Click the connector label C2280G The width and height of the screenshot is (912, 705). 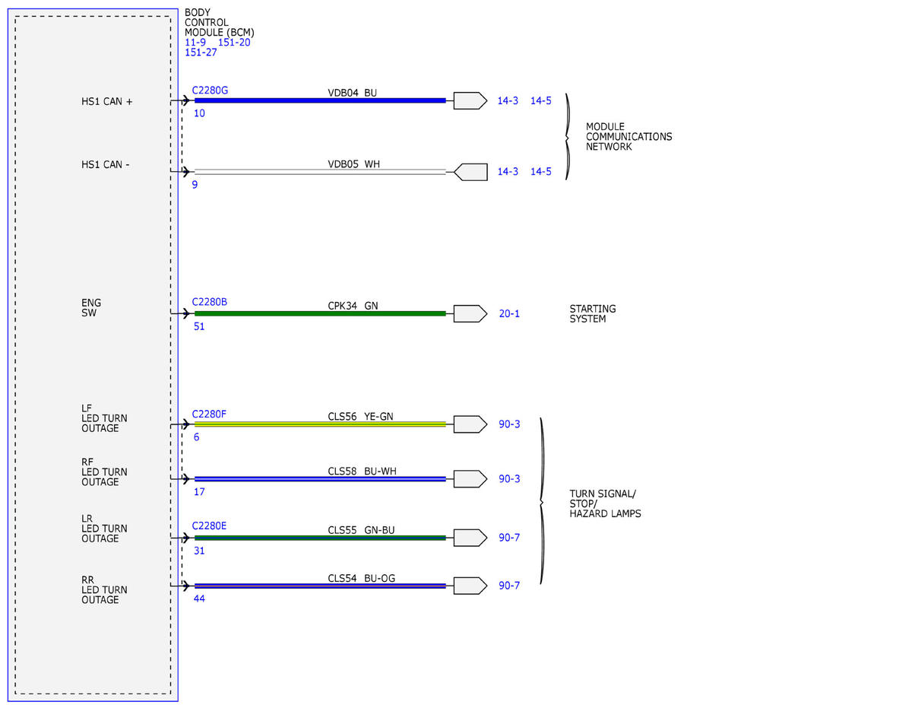pos(210,91)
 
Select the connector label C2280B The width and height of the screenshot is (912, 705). pos(210,302)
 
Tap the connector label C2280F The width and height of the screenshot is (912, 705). pos(209,414)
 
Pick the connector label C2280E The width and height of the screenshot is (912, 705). pos(209,526)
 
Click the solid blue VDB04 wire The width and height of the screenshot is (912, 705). pos(320,100)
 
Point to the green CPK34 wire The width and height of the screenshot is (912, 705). pos(320,313)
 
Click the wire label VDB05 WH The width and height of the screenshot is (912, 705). pos(353,164)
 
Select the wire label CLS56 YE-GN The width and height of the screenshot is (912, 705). pos(360,417)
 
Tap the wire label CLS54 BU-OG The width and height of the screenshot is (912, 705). pos(361,578)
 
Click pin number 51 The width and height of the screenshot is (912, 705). pos(199,326)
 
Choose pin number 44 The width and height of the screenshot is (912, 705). pos(199,599)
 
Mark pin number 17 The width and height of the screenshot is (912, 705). pos(199,492)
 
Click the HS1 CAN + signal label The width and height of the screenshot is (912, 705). pos(106,102)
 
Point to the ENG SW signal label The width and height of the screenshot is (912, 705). pos(91,308)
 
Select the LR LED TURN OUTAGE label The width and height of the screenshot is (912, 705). pos(104,529)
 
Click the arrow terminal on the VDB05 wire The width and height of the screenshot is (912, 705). pos(470,172)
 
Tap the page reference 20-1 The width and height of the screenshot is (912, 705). pos(509,313)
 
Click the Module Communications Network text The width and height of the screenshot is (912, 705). pos(629,136)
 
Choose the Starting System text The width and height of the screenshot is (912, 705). pos(593,313)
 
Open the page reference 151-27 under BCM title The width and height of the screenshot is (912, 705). pos(201,52)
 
